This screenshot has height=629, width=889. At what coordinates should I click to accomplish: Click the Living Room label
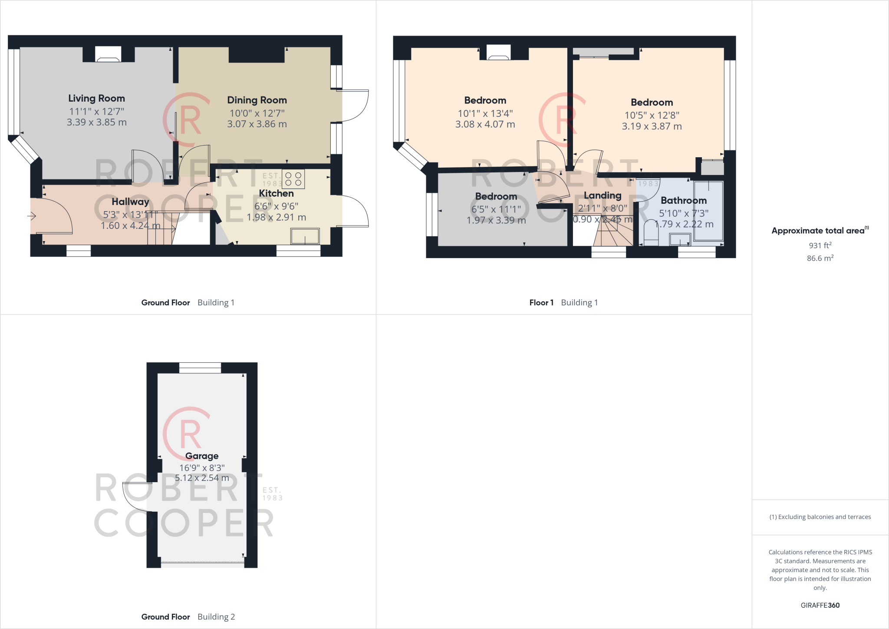coord(96,99)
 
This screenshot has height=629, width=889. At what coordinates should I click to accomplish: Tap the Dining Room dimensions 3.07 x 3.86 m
coord(257,124)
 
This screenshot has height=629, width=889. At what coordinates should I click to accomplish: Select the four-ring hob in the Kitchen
coord(293,179)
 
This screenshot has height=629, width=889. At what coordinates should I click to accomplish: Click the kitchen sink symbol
coord(305,237)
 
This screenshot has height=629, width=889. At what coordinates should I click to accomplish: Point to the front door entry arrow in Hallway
coord(32,216)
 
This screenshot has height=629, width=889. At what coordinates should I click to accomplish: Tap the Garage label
coord(202,456)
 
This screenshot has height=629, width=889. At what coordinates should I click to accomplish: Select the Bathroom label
coord(683,201)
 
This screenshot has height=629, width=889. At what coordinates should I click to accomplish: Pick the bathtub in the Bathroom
coord(708,211)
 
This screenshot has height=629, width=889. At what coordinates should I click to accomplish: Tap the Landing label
coord(603,195)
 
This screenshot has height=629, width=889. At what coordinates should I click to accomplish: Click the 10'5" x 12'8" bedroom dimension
coord(652,116)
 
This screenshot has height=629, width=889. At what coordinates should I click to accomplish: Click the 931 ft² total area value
coord(820,245)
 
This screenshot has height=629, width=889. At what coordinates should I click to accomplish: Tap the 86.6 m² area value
coord(820,258)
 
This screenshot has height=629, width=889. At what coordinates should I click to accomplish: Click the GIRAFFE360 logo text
coord(820,605)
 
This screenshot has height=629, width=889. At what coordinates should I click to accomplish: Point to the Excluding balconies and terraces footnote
coord(820,517)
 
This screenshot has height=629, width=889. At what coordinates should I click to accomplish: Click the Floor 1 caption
coord(541,303)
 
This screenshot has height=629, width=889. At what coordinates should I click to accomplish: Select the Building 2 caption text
coord(216,617)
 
